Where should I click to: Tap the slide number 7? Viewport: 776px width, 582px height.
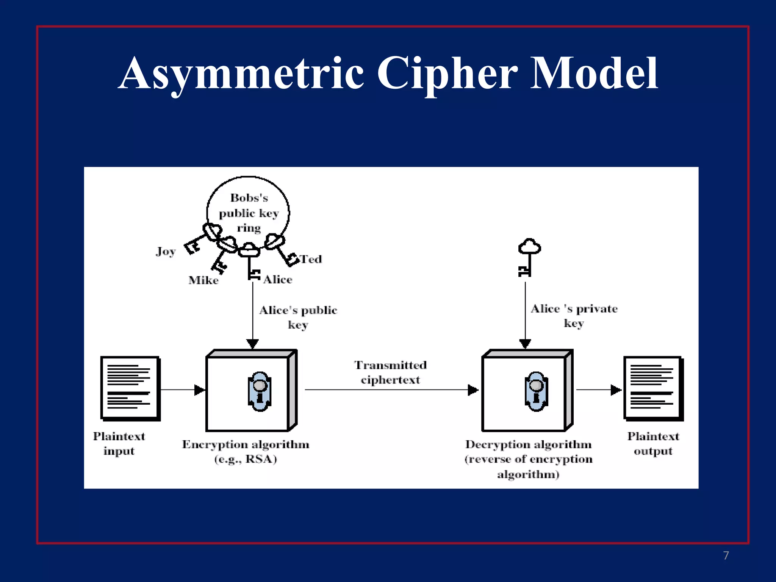click(726, 555)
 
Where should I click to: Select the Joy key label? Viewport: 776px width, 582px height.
click(166, 252)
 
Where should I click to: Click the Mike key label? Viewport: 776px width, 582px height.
click(203, 280)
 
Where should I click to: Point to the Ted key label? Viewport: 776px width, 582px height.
click(311, 260)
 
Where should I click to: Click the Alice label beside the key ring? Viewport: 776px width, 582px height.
click(278, 280)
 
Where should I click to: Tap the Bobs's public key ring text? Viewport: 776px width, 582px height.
click(249, 213)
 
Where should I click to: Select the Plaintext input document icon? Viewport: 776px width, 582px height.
click(130, 388)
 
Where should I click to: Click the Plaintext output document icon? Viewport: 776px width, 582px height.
click(653, 388)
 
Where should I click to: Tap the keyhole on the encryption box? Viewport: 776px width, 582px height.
click(260, 391)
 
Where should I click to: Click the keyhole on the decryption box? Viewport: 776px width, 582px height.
click(536, 391)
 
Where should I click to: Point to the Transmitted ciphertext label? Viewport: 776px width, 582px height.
click(390, 372)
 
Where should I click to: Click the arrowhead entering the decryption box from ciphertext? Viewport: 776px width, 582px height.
click(473, 390)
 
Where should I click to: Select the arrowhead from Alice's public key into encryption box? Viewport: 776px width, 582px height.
click(253, 343)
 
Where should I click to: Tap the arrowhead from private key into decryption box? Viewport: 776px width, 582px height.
click(525, 343)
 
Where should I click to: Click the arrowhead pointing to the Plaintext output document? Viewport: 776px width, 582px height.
click(616, 390)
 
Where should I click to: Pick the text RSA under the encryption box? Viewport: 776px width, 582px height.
click(260, 459)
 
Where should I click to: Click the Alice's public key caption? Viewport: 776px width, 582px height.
click(298, 317)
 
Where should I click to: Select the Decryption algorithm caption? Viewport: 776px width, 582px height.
click(528, 444)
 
